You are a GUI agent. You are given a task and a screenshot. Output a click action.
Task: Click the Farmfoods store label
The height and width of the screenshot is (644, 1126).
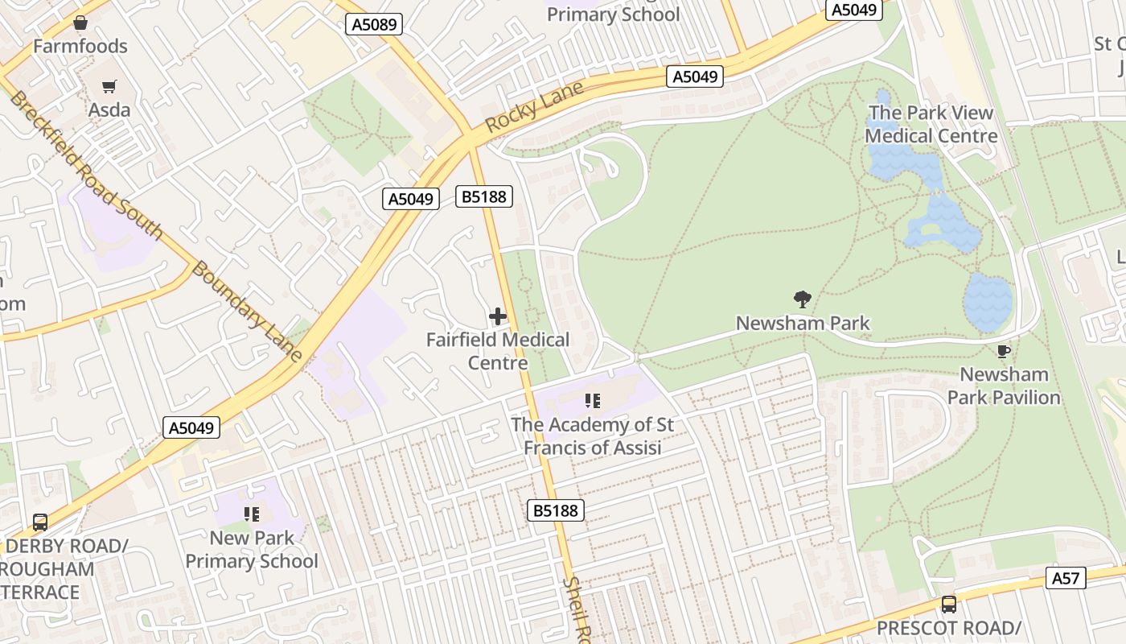click(x=80, y=47)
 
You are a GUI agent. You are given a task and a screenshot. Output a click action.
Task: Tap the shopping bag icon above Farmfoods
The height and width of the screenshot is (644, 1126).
click(x=80, y=23)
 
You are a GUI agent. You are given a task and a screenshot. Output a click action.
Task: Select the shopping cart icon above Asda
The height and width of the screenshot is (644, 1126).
click(x=109, y=86)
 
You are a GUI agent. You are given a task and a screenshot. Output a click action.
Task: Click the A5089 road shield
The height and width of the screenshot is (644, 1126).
click(x=375, y=24)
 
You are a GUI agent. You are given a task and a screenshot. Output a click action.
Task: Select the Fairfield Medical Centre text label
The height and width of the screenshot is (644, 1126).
click(x=498, y=351)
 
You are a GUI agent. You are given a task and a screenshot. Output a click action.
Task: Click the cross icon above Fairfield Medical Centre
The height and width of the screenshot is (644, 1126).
click(x=498, y=316)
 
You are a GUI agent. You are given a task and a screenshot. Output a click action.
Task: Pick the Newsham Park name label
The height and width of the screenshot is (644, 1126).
click(x=803, y=324)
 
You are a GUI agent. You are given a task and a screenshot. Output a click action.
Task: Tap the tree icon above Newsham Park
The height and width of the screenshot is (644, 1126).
click(x=802, y=300)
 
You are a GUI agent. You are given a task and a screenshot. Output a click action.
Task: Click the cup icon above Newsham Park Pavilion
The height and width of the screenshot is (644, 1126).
click(x=1003, y=351)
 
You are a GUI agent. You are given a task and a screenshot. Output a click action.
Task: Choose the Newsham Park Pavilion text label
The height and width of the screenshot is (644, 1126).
click(x=1004, y=386)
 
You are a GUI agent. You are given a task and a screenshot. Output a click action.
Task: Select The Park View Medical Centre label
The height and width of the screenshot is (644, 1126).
click(x=931, y=125)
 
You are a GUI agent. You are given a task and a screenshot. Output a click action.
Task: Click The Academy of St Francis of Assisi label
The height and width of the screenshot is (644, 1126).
click(x=593, y=436)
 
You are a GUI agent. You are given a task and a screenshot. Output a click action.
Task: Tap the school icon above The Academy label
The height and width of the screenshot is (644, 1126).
click(x=593, y=400)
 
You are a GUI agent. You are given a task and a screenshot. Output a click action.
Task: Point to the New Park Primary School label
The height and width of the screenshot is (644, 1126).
click(x=252, y=549)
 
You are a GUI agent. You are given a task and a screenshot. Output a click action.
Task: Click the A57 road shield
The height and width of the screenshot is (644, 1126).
click(x=1066, y=577)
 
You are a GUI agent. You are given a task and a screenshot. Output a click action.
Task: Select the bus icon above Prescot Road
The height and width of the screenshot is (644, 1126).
click(x=949, y=604)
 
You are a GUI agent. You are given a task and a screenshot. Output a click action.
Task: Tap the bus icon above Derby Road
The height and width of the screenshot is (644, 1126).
click(x=40, y=522)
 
